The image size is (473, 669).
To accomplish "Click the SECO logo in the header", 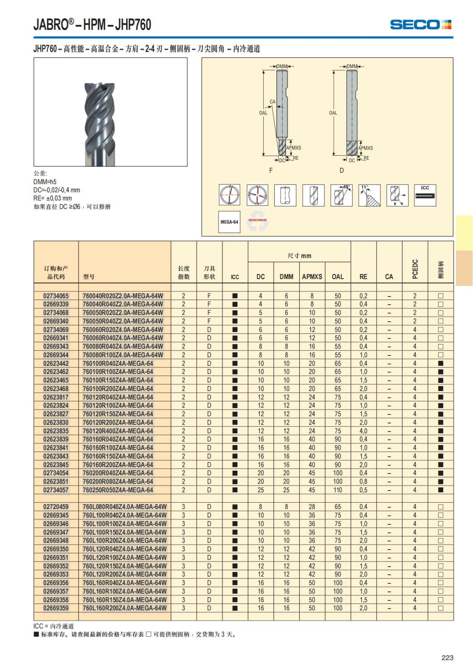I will tap(420, 25).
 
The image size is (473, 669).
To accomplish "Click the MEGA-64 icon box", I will tap(229, 222).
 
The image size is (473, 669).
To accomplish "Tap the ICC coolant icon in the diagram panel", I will tap(425, 195).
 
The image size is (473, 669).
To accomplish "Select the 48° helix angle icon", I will tap(341, 195).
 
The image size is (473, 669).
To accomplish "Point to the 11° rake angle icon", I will tap(369, 195).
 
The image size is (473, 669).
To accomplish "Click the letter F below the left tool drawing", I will tap(271, 170).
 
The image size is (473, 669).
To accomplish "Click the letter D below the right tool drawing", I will tap(341, 170).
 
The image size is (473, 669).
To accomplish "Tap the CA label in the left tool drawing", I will tap(272, 102).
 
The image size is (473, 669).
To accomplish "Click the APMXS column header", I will tap(312, 277).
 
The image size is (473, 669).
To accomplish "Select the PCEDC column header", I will tap(415, 269).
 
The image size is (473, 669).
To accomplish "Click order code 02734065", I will tap(56, 296).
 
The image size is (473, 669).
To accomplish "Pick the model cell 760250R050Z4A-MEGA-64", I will tap(118, 490).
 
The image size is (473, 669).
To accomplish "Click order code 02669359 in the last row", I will tap(56, 608).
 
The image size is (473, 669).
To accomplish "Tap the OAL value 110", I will tap(338, 490).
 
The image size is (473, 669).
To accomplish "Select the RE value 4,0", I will tap(363, 431).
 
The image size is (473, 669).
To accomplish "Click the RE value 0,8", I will tap(363, 481).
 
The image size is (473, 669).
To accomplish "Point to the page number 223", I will tap(447, 658).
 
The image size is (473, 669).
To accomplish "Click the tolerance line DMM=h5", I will tap(45, 182).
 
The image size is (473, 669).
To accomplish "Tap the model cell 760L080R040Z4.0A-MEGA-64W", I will tap(125, 507).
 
